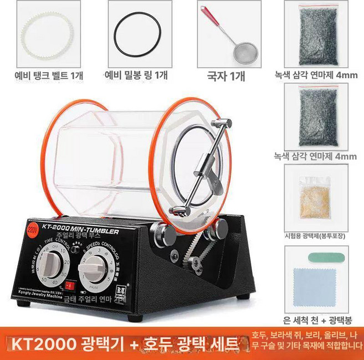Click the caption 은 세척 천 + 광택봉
pyautogui.click(x=315, y=320)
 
